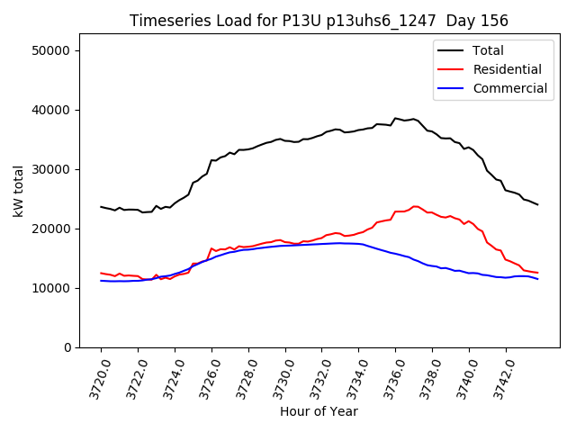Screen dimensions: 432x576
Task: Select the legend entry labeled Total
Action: (488, 50)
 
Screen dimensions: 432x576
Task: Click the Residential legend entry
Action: (507, 69)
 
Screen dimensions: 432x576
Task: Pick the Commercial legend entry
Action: (509, 88)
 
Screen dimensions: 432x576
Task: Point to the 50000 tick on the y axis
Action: (52, 50)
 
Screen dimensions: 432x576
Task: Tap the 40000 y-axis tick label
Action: (52, 110)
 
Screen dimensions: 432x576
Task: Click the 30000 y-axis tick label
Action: (52, 169)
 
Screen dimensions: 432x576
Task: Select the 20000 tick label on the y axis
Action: (52, 229)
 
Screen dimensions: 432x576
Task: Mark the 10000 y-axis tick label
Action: (52, 288)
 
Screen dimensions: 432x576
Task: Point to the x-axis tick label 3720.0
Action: (94, 376)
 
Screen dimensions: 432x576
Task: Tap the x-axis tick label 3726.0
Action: (204, 376)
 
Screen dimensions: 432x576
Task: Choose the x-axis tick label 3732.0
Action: (315, 376)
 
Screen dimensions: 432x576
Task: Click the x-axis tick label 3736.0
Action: (389, 376)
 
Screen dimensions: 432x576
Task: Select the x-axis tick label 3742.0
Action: (499, 376)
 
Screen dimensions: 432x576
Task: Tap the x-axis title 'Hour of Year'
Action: (319, 411)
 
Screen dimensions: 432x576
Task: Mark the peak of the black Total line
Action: (395, 118)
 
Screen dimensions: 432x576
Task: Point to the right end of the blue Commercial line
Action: (538, 279)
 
